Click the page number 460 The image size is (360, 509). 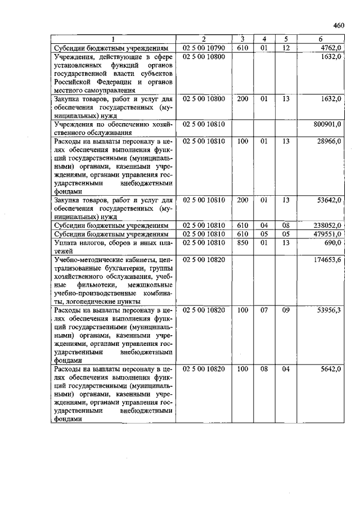(x=338, y=25)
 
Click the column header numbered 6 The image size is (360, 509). (x=321, y=39)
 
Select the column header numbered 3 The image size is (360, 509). (x=242, y=39)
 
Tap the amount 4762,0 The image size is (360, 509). (x=330, y=48)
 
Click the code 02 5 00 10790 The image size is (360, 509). (x=204, y=48)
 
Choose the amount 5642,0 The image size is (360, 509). (x=330, y=369)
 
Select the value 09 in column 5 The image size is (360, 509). (x=286, y=310)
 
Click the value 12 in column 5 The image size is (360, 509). (x=286, y=48)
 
